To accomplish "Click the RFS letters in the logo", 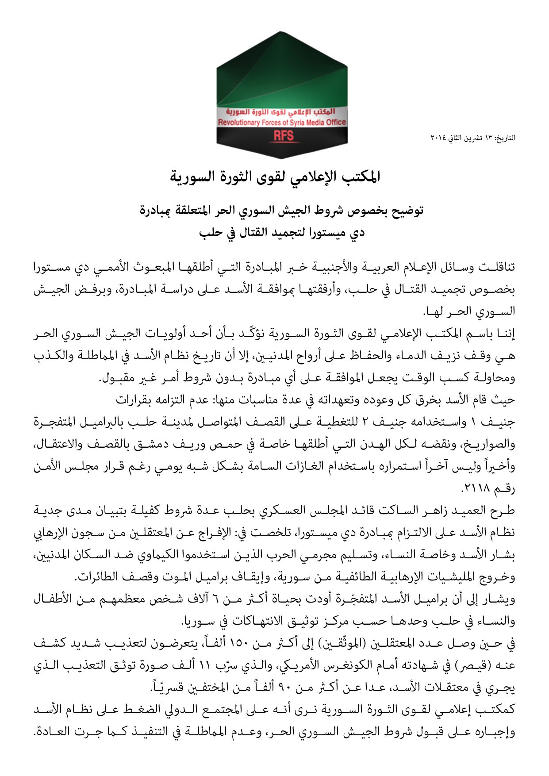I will pos(283,136).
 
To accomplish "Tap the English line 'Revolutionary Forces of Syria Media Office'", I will pos(282,122).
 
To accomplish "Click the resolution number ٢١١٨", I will pos(473,489).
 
